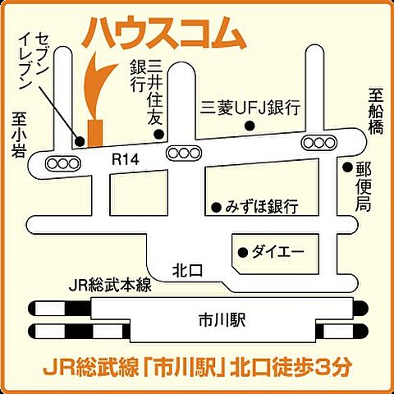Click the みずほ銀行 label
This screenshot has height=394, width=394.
[x=262, y=205]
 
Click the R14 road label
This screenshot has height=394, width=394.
[x=122, y=165]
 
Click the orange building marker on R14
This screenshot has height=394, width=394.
[x=95, y=132]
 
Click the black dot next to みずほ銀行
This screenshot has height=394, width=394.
[x=216, y=206]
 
